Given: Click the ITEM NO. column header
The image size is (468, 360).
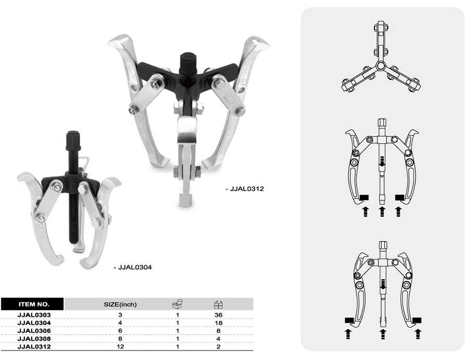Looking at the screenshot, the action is tap(33, 304).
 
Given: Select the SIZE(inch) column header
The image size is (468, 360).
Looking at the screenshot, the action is tap(120, 304).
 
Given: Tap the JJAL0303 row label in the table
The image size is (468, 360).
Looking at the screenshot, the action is tap(34, 315).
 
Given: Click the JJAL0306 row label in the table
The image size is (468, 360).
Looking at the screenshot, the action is tap(34, 331).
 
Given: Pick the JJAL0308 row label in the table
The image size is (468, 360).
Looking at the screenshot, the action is tap(34, 339).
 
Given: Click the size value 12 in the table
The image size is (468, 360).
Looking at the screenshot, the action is tap(120, 346).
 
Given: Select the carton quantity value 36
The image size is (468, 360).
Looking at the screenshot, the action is tap(218, 315).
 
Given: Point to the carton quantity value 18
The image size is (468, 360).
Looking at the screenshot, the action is tap(218, 323).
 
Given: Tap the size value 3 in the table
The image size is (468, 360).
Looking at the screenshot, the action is tap(120, 315).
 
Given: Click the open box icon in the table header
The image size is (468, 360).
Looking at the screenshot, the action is tap(177, 304).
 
